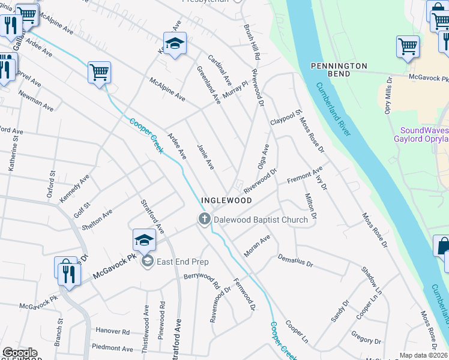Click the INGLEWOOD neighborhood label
(x=226, y=200)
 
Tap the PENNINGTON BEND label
(x=339, y=69)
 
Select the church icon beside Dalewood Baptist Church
(x=204, y=220)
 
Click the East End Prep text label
(x=182, y=262)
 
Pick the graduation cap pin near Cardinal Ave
(x=175, y=44)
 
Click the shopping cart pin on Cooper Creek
(x=99, y=72)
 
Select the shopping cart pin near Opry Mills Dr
(x=408, y=46)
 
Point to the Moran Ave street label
(x=258, y=246)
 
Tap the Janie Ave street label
(x=205, y=156)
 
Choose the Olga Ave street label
(x=264, y=157)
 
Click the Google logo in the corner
(x=19, y=353)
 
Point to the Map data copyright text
(x=423, y=355)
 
